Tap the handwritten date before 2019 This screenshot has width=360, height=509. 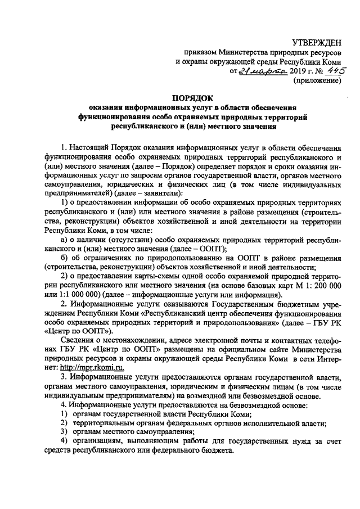pos(262,70)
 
